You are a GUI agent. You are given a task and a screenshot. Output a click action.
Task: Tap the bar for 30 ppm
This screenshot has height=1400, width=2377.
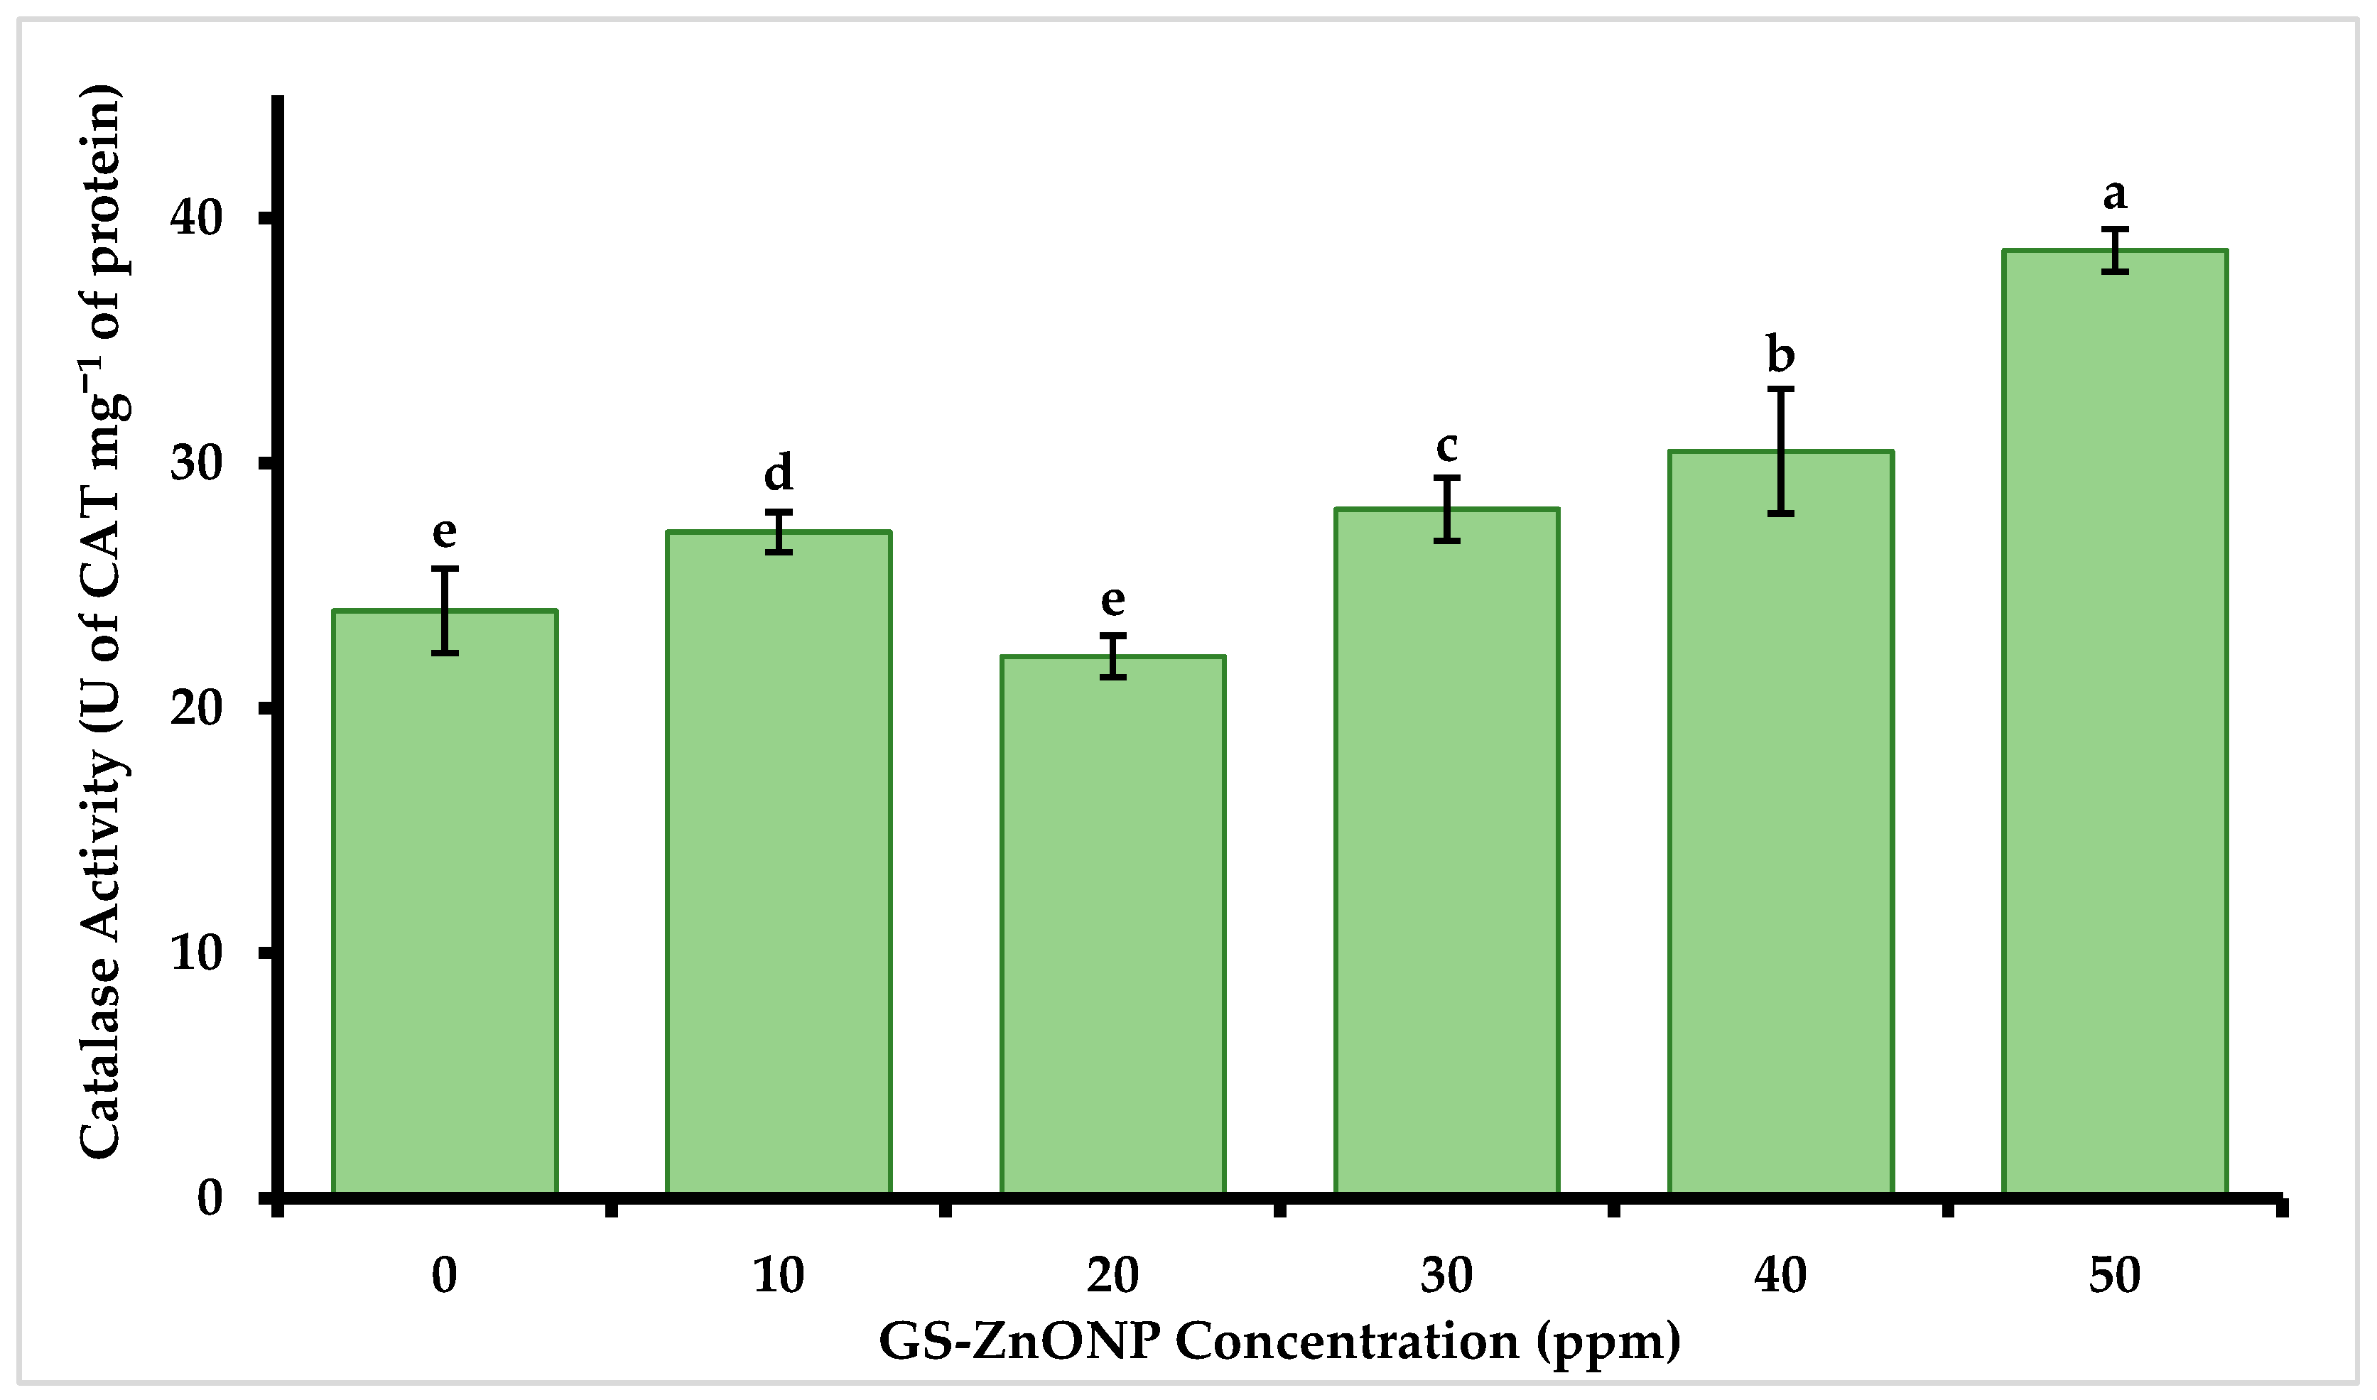click(1446, 853)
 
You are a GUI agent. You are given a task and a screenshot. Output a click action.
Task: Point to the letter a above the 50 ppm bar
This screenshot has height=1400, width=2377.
click(2115, 195)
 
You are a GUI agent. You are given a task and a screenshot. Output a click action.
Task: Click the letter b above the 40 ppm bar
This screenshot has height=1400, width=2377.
click(1780, 354)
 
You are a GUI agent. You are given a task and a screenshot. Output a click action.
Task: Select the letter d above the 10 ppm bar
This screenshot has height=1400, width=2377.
click(778, 472)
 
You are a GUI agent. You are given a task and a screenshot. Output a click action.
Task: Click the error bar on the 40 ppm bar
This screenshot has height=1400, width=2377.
click(1780, 451)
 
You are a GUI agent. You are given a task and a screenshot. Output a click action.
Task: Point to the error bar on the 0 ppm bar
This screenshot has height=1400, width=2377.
click(444, 610)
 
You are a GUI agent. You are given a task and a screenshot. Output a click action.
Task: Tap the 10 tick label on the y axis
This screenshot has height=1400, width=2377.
click(196, 953)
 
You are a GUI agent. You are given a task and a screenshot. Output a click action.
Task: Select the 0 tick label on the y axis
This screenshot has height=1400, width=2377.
click(210, 1198)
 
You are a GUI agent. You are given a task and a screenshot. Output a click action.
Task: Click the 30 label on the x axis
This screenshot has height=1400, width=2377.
click(1446, 1276)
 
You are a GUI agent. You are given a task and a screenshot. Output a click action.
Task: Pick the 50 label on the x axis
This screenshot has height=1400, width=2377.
click(2115, 1276)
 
